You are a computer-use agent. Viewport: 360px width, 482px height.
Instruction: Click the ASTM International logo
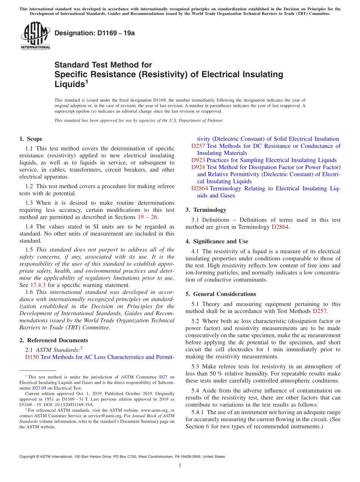coord(35,36)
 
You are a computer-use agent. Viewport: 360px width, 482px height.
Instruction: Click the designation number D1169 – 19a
coord(94,33)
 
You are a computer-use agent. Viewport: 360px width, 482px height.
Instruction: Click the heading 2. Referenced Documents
coord(54,340)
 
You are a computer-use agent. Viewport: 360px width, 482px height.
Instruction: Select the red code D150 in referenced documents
coord(32,357)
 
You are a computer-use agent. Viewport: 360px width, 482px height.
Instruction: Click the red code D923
coord(198,160)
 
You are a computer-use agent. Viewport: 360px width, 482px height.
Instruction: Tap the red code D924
coord(198,167)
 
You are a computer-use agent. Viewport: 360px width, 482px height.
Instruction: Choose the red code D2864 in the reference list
coord(199,188)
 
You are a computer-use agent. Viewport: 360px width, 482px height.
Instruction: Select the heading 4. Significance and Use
coord(217,241)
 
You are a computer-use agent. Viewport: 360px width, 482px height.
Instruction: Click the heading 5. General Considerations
coord(221,294)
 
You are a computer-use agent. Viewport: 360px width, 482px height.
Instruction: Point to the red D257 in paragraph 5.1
coord(319,311)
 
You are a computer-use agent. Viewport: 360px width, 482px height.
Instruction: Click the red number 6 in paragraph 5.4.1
coord(207,426)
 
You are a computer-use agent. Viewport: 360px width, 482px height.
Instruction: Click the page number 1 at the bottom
coord(180,465)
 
